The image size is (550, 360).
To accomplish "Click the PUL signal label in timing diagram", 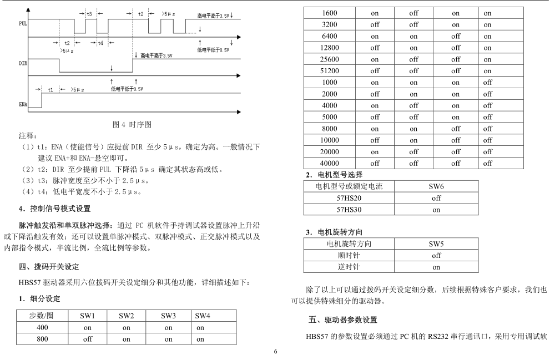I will click(x=23, y=24).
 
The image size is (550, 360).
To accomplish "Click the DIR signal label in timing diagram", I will click(x=23, y=64).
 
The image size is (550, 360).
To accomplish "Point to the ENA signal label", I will click(x=23, y=104).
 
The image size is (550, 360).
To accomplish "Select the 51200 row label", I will click(x=330, y=70).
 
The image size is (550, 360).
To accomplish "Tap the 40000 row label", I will click(x=330, y=164).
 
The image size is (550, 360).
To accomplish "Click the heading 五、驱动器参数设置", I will click(x=343, y=320).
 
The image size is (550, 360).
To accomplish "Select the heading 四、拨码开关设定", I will click(x=49, y=266).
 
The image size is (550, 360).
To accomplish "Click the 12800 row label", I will click(x=330, y=47).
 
